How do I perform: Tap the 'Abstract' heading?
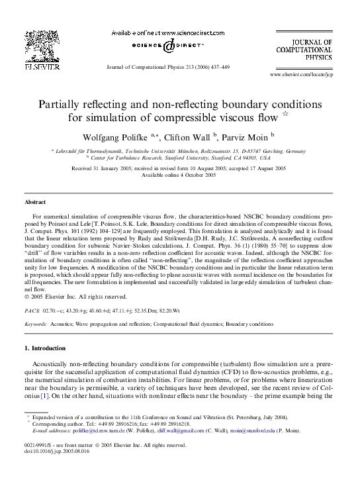coord(35,201)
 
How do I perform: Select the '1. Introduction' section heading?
coord(45,347)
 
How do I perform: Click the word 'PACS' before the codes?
coord(31,310)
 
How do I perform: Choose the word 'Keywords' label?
coord(36,324)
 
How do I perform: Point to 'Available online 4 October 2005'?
coord(179,175)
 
